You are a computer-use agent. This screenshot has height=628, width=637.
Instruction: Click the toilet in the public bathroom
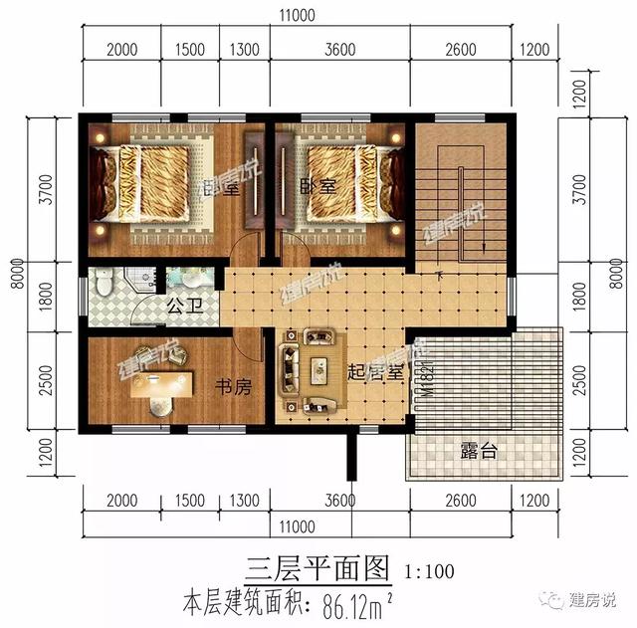coord(104,288)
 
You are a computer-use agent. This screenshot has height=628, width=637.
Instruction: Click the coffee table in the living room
coord(319,370)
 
